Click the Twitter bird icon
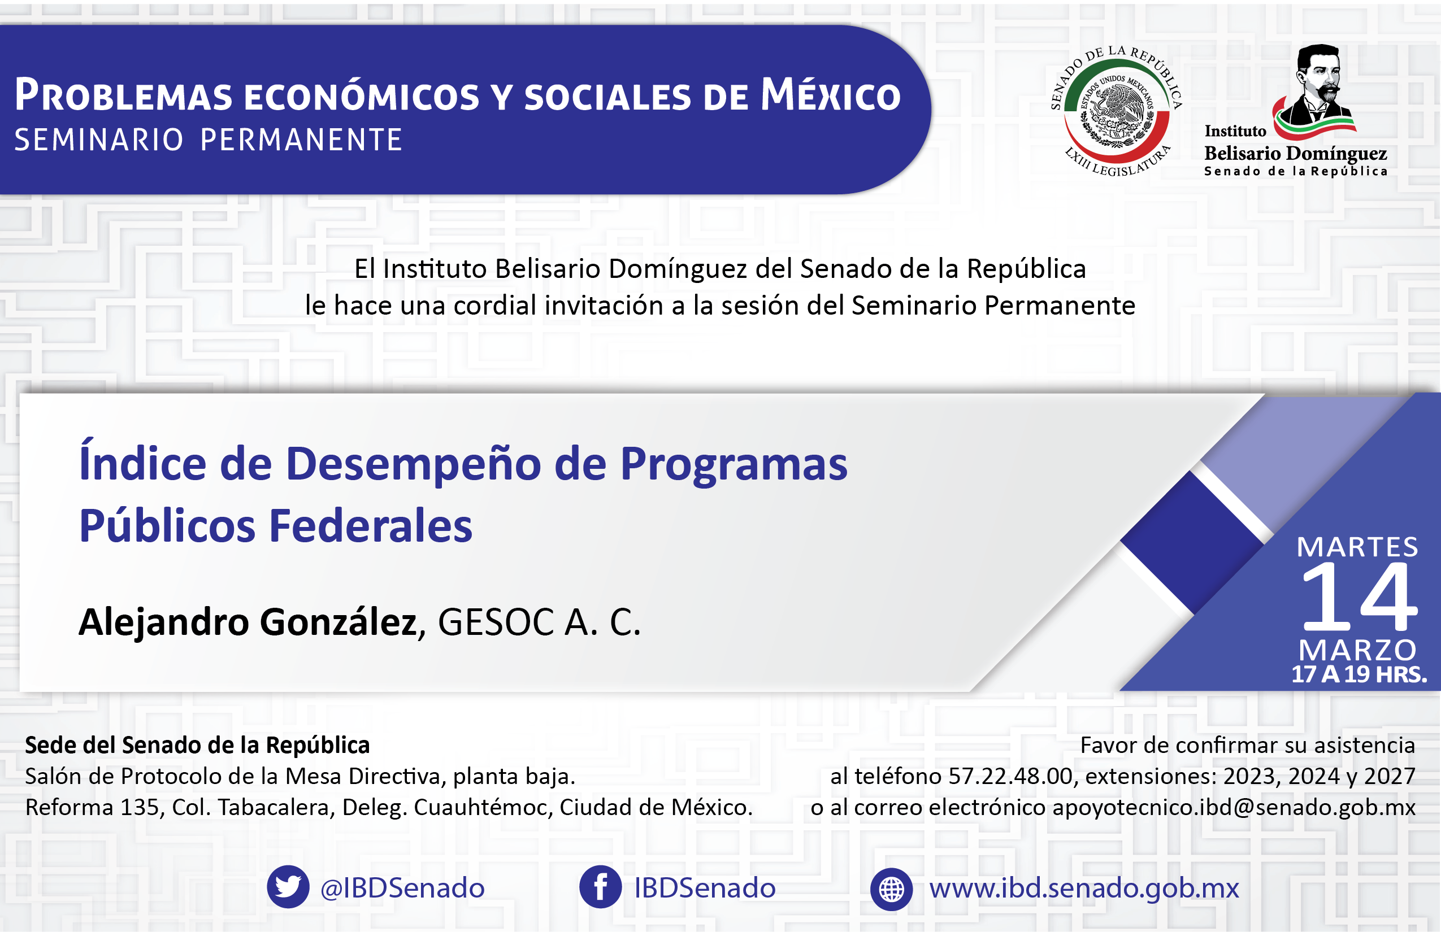288,887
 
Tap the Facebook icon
600,887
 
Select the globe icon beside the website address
891,889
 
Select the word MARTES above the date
1357,547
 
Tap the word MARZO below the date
1357,651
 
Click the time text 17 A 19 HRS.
1359,674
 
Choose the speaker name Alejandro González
248,622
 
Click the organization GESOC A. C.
539,622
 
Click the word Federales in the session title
371,525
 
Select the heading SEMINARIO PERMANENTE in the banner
209,140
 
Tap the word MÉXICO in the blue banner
831,94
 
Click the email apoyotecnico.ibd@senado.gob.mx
1234,807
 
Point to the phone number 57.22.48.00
1010,776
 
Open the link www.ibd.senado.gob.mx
1084,889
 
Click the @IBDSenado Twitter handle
402,888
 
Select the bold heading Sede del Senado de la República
197,745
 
